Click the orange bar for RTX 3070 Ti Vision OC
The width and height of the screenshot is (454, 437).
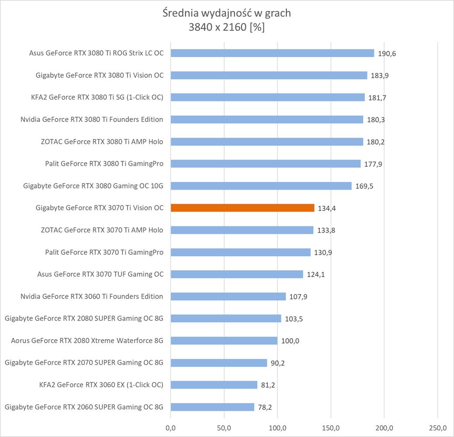pyautogui.click(x=242, y=208)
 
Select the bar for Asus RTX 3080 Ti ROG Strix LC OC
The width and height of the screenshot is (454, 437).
pyautogui.click(x=272, y=53)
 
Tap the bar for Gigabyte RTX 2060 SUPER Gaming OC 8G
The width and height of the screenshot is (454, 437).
pyautogui.click(x=212, y=407)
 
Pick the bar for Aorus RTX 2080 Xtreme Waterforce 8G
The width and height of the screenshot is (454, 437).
pyautogui.click(x=224, y=341)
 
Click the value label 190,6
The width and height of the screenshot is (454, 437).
pyautogui.click(x=387, y=53)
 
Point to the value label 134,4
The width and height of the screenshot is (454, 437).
pyautogui.click(x=327, y=208)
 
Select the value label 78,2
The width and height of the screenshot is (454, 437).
pyautogui.click(x=265, y=407)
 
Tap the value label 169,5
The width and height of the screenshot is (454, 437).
pyautogui.click(x=364, y=186)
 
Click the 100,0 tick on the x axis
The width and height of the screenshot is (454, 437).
pyautogui.click(x=277, y=427)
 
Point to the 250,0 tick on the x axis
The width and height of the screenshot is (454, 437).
pyautogui.click(x=438, y=427)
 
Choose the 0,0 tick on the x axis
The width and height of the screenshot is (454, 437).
pyautogui.click(x=170, y=427)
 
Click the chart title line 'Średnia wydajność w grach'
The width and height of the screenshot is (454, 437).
pyautogui.click(x=226, y=13)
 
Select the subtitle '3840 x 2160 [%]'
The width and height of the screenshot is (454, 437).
pyautogui.click(x=226, y=27)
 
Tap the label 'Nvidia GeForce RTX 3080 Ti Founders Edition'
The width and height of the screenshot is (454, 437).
pyautogui.click(x=92, y=119)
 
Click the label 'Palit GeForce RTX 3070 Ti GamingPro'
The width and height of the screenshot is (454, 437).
pyautogui.click(x=104, y=252)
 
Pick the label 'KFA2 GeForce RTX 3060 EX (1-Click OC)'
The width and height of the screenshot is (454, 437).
pyautogui.click(x=101, y=385)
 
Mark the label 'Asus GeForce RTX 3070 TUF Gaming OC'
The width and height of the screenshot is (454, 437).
pyautogui.click(x=101, y=274)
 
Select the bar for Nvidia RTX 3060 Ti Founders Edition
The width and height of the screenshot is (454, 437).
pyautogui.click(x=228, y=296)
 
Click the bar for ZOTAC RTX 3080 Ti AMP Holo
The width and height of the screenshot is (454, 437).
pyautogui.click(x=267, y=142)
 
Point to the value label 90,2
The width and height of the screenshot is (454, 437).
pyautogui.click(x=278, y=363)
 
